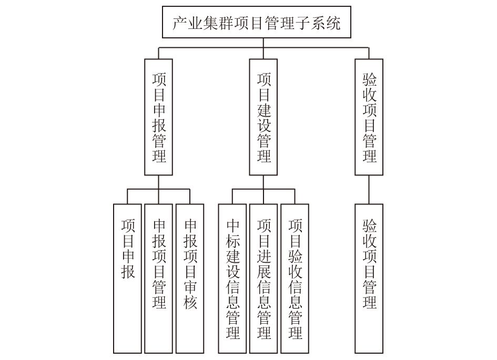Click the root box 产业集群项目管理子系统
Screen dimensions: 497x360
click(257, 22)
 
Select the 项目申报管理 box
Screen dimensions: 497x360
click(158, 117)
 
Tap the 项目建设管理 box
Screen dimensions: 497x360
click(263, 117)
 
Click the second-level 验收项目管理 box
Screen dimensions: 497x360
click(369, 117)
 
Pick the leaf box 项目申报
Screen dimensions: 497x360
click(127, 279)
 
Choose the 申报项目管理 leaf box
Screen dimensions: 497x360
click(158, 279)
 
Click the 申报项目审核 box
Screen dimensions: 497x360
click(190, 279)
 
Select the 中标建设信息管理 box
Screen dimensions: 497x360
click(232, 279)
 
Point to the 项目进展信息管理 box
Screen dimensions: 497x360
click(263, 279)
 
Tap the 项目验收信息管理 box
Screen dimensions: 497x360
click(295, 279)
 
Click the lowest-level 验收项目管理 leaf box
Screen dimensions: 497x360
click(369, 279)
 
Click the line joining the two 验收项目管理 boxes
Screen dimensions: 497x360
click(369, 190)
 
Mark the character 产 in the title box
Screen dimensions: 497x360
click(179, 23)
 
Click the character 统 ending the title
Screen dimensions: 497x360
click(333, 23)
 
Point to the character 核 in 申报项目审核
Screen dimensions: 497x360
click(190, 302)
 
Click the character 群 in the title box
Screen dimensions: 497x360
click(226, 23)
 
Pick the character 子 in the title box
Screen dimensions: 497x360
click(302, 23)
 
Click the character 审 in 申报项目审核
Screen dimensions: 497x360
click(190, 287)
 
